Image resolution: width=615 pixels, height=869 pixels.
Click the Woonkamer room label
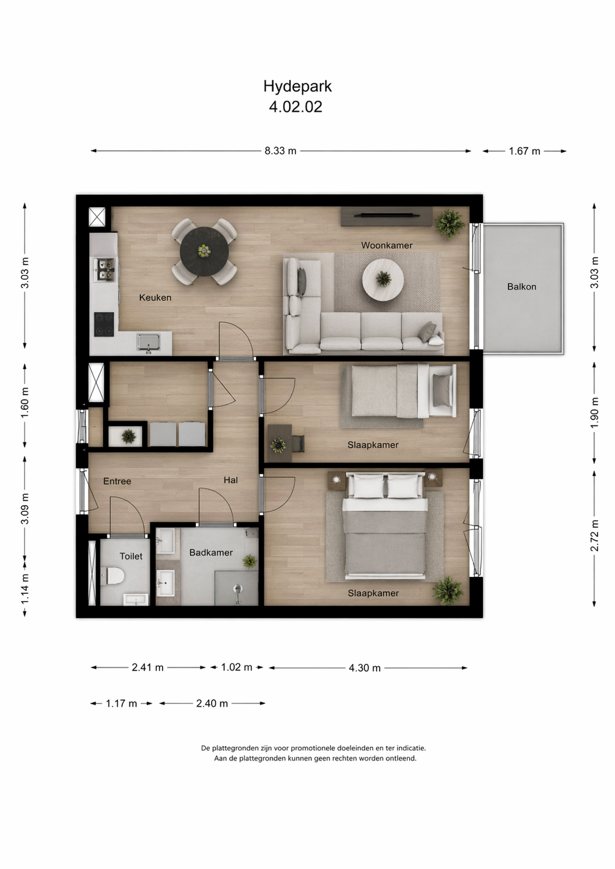pyautogui.click(x=386, y=245)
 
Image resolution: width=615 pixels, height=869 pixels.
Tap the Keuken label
pyautogui.click(x=155, y=298)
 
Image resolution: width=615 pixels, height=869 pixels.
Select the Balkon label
pyautogui.click(x=522, y=287)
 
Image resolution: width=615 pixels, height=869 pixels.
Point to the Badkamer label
pyautogui.click(x=210, y=553)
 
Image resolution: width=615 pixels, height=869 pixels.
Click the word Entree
pyautogui.click(x=117, y=481)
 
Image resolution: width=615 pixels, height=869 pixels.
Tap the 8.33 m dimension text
pyautogui.click(x=280, y=151)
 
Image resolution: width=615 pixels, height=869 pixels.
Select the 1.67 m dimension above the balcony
pyautogui.click(x=524, y=151)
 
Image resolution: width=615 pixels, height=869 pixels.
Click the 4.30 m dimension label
pyautogui.click(x=364, y=668)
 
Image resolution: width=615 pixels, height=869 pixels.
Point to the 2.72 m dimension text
pyautogui.click(x=595, y=536)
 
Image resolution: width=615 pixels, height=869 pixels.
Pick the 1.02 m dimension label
pyautogui.click(x=236, y=667)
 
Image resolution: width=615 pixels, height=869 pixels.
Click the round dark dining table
pyautogui.click(x=205, y=251)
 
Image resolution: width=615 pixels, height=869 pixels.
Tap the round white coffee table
pyautogui.click(x=383, y=280)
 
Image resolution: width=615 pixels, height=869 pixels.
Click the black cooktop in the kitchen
pyautogui.click(x=104, y=324)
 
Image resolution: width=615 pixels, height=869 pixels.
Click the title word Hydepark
pyautogui.click(x=298, y=86)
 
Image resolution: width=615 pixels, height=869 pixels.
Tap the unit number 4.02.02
pyautogui.click(x=296, y=107)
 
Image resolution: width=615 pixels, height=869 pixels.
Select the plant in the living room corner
pyautogui.click(x=449, y=223)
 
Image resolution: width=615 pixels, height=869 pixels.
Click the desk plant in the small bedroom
pyautogui.click(x=278, y=445)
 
